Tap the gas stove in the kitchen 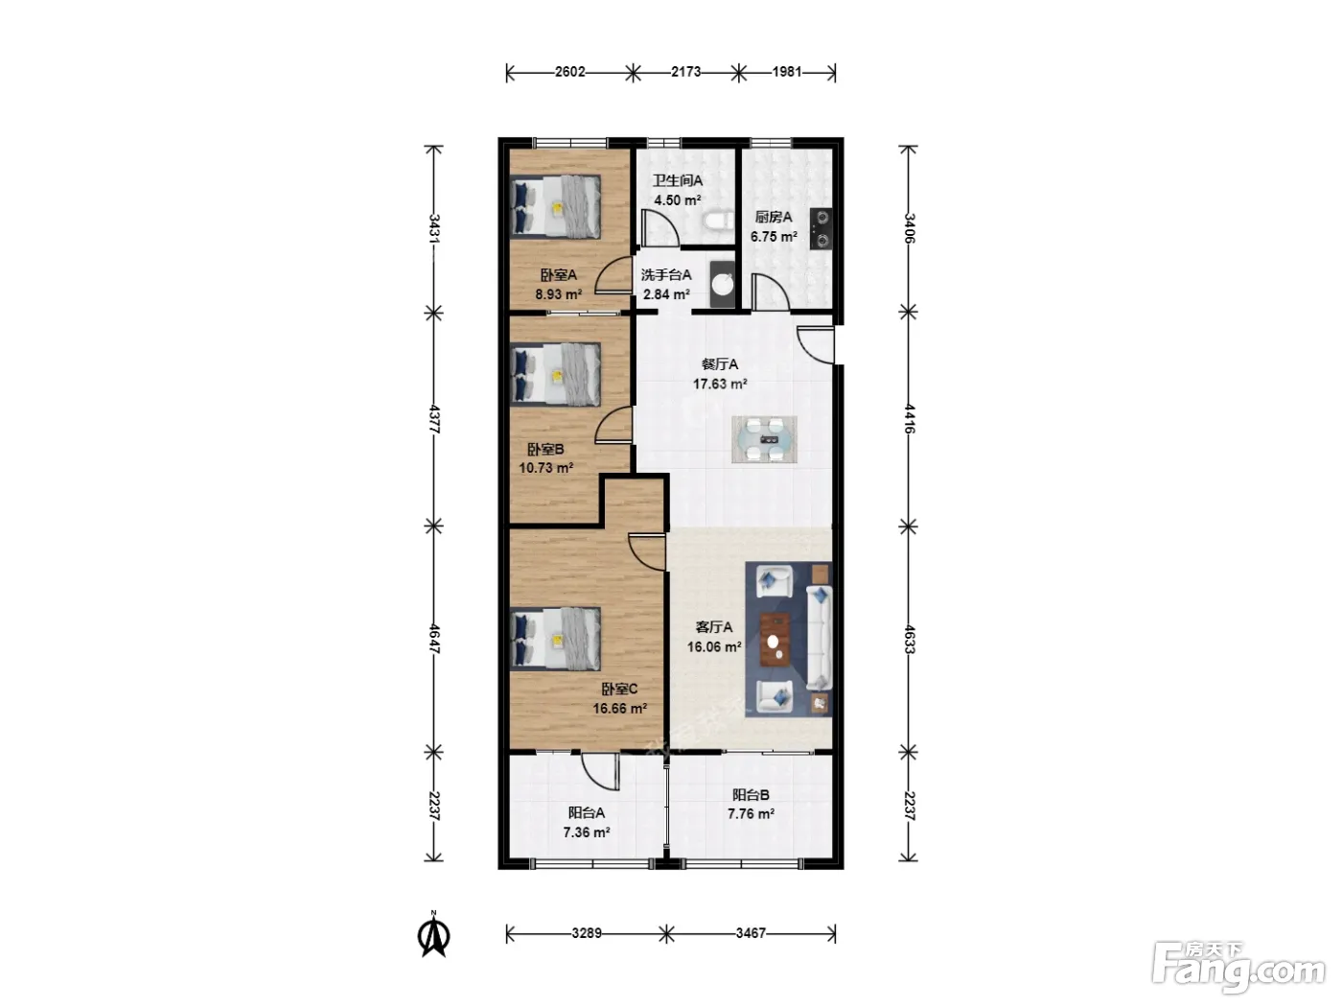pos(821,228)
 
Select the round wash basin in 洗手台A pos(724,284)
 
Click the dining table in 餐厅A pos(764,439)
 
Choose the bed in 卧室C pos(555,639)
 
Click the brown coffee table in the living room pos(775,640)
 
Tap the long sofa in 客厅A pos(820,639)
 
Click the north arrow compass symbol pos(434,933)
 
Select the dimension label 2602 pos(569,72)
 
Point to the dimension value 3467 pos(751,933)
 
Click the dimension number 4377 pos(434,419)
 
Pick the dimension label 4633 pos(909,639)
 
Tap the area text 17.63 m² pos(720,384)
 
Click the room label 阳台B pos(751,795)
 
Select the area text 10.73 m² pos(546,468)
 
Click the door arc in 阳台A pos(598,772)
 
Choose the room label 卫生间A pos(678,180)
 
